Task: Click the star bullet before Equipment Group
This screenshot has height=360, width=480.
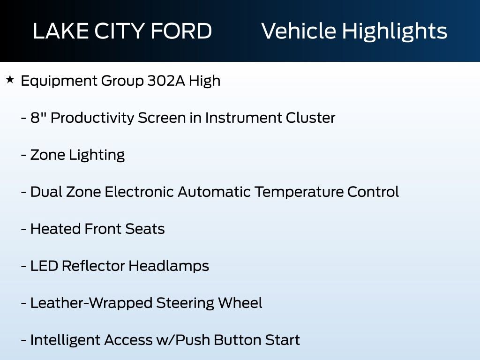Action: point(10,80)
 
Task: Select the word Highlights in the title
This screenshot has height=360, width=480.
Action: point(395,31)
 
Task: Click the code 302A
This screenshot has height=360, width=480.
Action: point(166,81)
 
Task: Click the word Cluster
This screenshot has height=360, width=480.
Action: point(310,118)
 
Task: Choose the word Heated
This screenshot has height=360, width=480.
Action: point(55,229)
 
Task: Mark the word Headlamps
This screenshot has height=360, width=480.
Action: point(169,266)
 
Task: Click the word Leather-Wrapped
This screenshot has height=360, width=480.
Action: point(91,303)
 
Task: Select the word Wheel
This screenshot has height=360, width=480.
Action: point(240,303)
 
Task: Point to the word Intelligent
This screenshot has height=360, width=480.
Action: point(65,340)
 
